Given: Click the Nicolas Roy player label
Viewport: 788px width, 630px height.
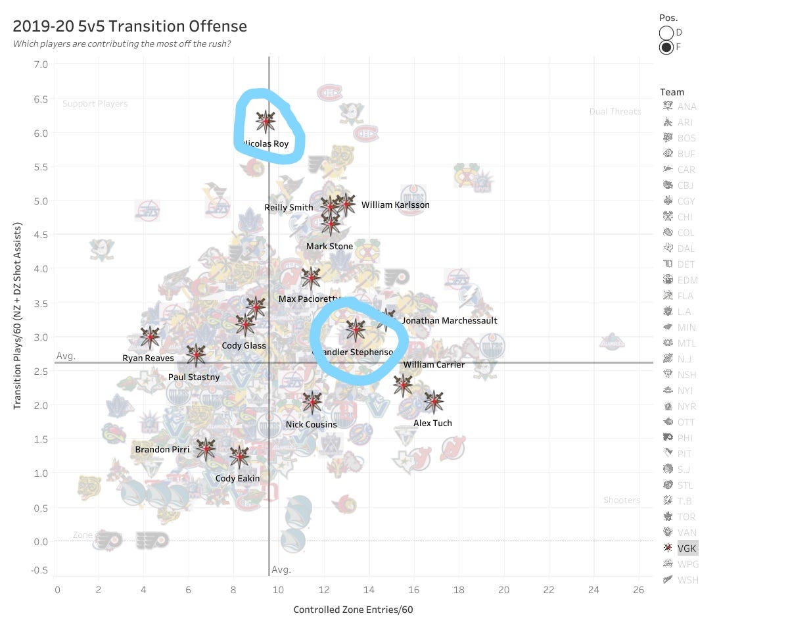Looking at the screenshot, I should click(x=267, y=143).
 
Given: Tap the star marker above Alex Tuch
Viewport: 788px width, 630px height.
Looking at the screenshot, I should click(x=433, y=400).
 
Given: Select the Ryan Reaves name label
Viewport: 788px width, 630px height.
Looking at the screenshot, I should click(x=149, y=358).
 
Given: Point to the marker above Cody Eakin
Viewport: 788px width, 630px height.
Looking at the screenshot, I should click(x=239, y=456).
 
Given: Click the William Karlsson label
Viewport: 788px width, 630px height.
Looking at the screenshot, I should click(x=395, y=205).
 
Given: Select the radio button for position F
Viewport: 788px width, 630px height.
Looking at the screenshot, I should click(x=666, y=47).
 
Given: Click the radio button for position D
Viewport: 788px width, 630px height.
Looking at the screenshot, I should click(x=666, y=32).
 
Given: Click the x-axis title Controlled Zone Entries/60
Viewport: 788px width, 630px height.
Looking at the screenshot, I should click(x=353, y=610).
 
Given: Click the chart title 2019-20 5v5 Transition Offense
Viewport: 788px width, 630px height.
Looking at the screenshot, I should click(x=130, y=27).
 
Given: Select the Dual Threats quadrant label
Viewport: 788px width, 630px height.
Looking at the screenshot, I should click(x=615, y=112).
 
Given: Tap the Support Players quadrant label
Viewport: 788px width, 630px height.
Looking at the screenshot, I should click(x=95, y=104).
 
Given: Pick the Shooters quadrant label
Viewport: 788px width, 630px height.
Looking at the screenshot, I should click(x=622, y=500).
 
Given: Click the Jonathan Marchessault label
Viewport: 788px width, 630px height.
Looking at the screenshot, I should click(x=450, y=321).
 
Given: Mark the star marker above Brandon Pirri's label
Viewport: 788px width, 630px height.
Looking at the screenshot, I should click(x=205, y=449).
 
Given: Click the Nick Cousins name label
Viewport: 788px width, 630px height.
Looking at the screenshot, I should click(x=311, y=425).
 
